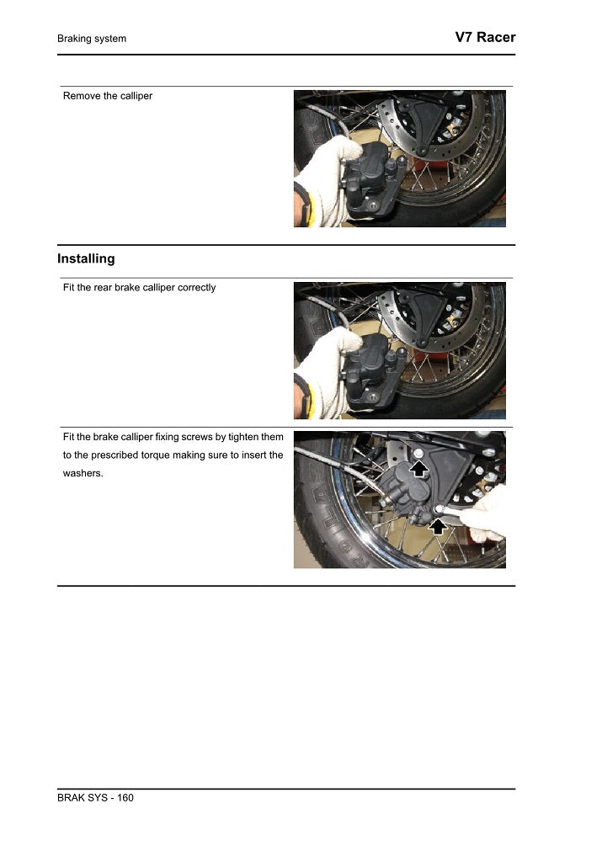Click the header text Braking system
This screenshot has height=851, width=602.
coord(92,39)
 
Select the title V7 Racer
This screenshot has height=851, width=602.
coord(484,37)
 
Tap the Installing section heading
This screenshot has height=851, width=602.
coord(86,258)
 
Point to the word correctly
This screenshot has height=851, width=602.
coord(196,288)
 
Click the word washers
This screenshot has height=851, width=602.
coord(83,473)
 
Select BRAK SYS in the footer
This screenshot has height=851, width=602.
coord(82,798)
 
